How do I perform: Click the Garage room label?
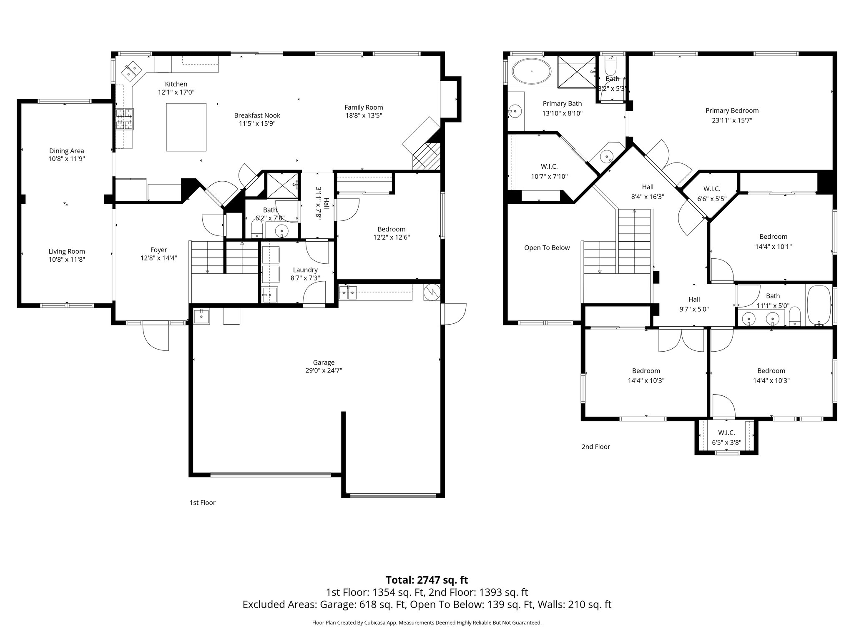point(324,362)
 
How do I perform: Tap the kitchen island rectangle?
point(186,127)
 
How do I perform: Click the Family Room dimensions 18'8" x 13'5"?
point(364,115)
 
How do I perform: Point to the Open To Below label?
point(547,248)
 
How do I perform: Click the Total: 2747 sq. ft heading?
point(427,580)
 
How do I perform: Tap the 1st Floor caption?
point(202,502)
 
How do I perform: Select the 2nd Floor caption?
point(595,447)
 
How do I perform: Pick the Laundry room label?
point(305,270)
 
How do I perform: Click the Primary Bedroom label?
point(732,110)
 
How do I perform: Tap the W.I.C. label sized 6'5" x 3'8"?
point(726,433)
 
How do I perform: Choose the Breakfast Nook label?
point(257,115)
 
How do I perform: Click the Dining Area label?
point(67,151)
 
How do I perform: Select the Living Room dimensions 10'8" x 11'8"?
point(67,259)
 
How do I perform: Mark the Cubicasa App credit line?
point(427,622)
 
